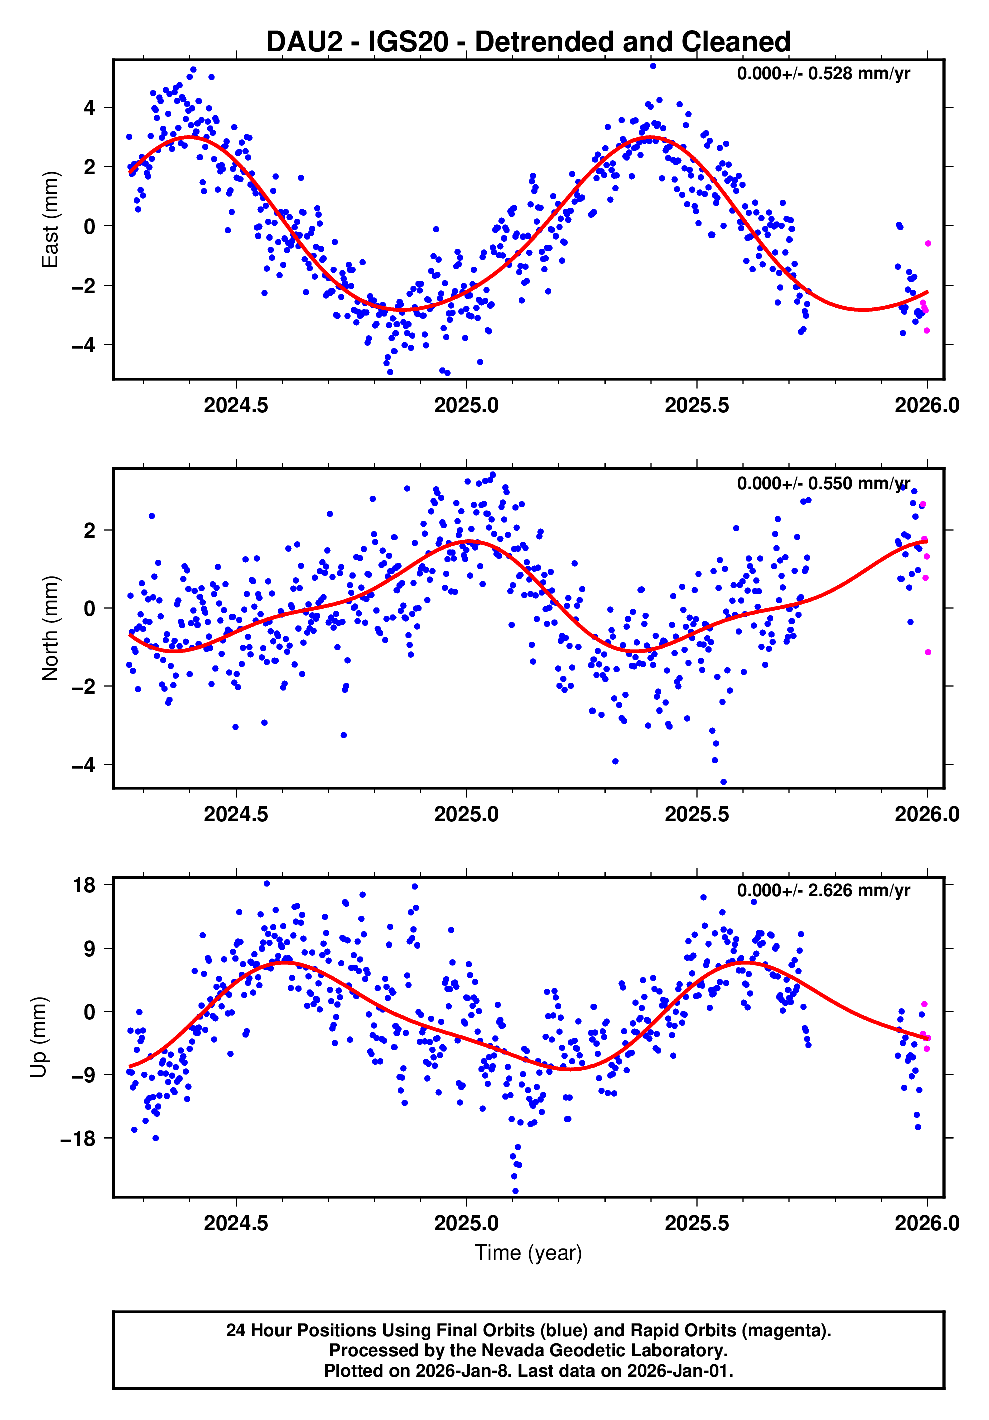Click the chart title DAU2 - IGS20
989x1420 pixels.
coord(528,42)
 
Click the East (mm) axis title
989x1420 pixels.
coord(50,219)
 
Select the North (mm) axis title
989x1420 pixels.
coord(50,628)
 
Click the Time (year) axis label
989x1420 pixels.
coord(528,1252)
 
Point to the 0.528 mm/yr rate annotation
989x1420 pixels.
coord(823,74)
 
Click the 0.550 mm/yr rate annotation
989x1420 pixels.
coord(823,483)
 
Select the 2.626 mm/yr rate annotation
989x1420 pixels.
coord(823,890)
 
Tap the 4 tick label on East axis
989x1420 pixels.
coord(90,108)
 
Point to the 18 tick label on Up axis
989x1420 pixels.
coord(85,886)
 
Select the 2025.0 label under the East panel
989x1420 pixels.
coord(466,406)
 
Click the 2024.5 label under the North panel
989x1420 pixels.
coord(236,815)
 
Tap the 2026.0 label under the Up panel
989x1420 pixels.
coord(926,1223)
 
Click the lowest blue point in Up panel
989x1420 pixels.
coord(515,1191)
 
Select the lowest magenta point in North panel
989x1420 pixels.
coord(928,652)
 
